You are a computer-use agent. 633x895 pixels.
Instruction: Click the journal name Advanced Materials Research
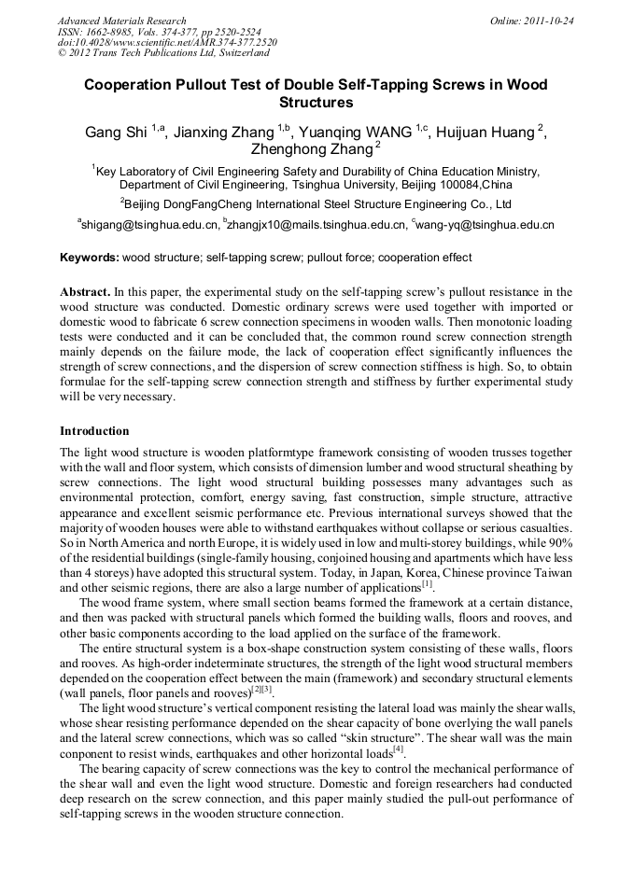point(121,21)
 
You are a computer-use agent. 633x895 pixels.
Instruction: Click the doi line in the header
point(167,43)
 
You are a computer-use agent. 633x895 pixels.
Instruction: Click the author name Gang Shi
point(116,133)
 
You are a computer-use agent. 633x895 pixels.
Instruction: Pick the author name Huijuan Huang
point(485,133)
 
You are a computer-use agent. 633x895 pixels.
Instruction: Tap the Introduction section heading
point(94,431)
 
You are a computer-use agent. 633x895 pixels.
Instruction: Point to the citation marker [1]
point(427,585)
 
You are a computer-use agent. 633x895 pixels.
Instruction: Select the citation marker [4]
point(399,748)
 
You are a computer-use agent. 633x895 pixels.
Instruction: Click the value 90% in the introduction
point(559,543)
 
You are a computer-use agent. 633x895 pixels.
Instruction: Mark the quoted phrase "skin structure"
point(406,735)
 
